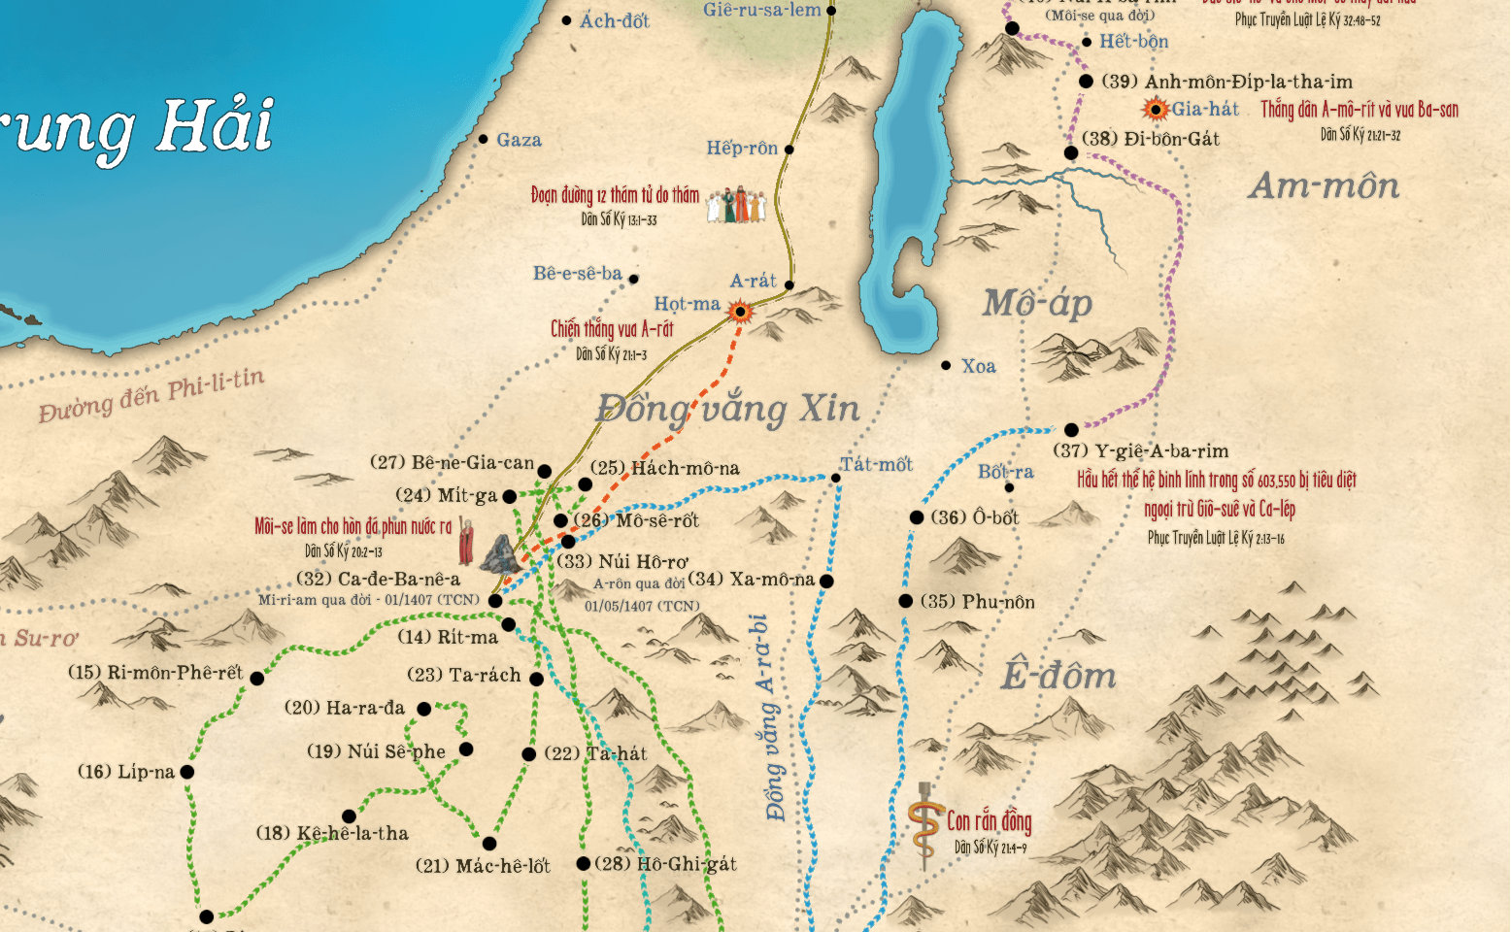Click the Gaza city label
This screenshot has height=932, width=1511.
point(519,141)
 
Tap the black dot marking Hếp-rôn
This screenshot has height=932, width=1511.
point(789,150)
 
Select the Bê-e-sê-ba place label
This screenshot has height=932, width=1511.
point(578,274)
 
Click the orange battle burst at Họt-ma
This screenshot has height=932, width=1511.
point(741,312)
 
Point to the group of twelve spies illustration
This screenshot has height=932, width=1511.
point(735,204)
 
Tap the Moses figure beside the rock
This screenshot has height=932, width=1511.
point(467,542)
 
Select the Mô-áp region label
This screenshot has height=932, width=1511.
point(1037,304)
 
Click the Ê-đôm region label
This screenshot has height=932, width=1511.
point(1058,676)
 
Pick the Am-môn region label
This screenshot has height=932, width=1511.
point(1324,185)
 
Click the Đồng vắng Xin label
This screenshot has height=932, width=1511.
point(728,409)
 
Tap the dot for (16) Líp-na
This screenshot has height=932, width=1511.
point(186,773)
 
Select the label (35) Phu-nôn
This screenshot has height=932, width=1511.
point(977,602)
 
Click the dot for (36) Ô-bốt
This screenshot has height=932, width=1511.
point(916,517)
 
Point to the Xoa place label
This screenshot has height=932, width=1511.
point(978,367)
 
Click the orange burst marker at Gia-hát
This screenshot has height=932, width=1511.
point(1156,110)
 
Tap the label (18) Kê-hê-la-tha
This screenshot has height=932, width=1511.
point(332,834)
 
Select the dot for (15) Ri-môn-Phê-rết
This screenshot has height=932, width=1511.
point(256,679)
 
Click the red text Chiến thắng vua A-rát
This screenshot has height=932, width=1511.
point(612,329)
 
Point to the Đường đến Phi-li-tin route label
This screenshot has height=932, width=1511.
point(151,396)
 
